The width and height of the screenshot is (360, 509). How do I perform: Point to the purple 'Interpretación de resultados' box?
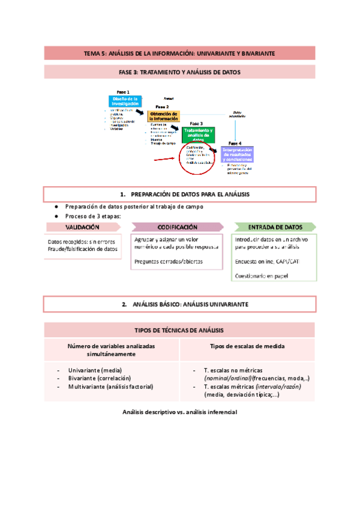(241, 154)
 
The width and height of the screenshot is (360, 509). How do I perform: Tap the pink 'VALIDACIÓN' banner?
(82, 227)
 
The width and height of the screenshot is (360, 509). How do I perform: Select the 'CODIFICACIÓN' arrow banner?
(178, 227)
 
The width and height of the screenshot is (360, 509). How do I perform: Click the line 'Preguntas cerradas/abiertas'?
(169, 262)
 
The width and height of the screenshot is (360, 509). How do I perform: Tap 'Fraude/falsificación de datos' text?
(82, 248)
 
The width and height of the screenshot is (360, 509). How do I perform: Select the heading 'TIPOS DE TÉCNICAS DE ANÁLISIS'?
(179, 331)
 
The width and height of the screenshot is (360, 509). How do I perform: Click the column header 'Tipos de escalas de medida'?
(247, 346)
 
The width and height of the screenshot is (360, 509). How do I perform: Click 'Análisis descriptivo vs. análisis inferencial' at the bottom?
(179, 412)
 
